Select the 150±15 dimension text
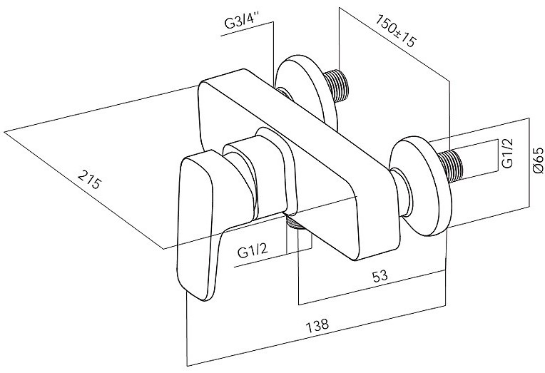[395, 31]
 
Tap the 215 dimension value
[89, 179]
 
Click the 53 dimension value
[380, 276]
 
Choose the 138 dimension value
[317, 325]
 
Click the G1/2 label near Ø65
[507, 153]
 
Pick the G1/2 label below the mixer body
[253, 250]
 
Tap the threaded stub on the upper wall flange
[337, 85]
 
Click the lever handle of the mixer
[203, 223]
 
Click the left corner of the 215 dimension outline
[4, 132]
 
